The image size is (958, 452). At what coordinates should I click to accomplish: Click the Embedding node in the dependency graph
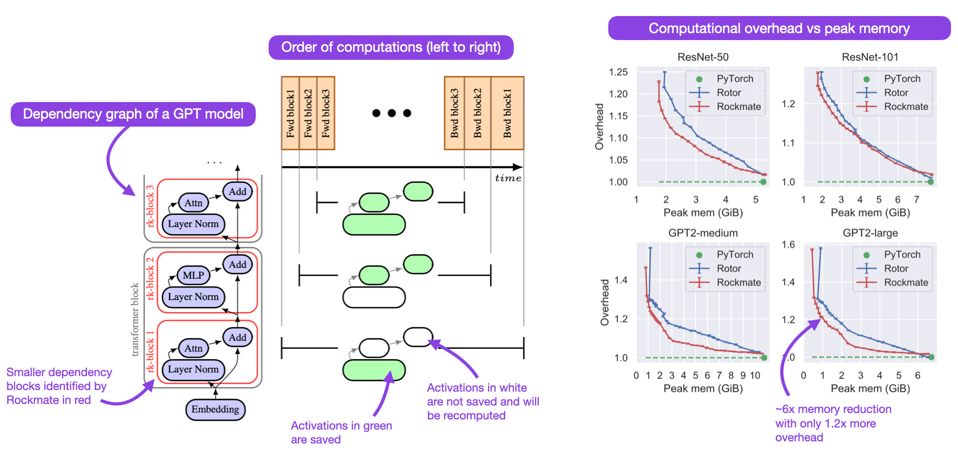click(215, 409)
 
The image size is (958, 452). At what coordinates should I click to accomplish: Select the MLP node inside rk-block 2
click(193, 275)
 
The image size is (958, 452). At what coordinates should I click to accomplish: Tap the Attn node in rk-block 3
click(193, 202)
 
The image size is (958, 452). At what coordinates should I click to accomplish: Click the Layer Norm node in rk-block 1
click(193, 369)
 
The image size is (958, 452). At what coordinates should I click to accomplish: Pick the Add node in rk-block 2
click(238, 264)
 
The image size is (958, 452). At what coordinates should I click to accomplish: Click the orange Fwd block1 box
click(290, 113)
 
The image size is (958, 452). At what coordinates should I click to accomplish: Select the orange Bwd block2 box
click(477, 113)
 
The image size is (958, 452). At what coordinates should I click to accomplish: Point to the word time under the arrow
click(508, 178)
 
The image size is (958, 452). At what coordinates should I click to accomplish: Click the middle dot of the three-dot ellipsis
click(392, 113)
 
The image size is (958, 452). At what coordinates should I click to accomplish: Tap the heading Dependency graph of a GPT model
click(133, 114)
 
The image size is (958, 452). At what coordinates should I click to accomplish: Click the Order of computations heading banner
click(391, 47)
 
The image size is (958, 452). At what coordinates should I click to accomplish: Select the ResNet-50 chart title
click(703, 57)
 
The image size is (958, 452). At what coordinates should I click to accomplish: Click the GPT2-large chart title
click(870, 233)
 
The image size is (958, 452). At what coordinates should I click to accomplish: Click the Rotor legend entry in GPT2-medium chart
click(728, 268)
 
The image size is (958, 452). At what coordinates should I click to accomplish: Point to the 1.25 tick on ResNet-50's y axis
click(618, 72)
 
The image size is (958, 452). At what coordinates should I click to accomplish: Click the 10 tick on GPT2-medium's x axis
click(755, 375)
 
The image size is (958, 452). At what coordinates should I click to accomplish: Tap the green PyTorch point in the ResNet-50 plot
click(763, 182)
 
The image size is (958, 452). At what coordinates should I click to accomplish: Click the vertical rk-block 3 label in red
click(150, 206)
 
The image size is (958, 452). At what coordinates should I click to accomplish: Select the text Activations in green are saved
click(341, 432)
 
